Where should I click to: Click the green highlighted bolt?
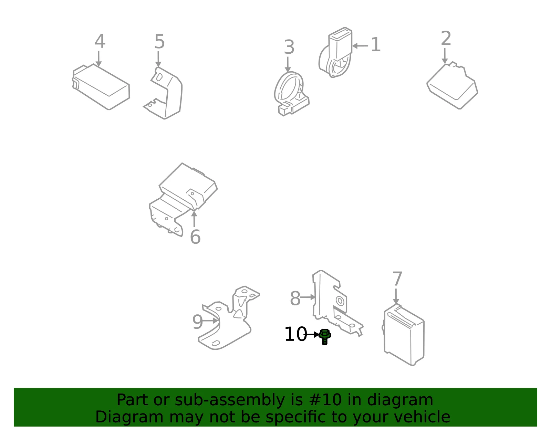point(324,336)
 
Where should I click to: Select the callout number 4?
point(100,41)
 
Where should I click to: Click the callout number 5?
point(160,42)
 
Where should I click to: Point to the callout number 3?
point(289,47)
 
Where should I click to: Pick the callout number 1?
point(375,45)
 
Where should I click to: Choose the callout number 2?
point(446,39)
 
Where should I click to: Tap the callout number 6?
point(195,237)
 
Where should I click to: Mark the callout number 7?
point(397,279)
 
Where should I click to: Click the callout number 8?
point(295,298)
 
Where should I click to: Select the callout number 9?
point(198,322)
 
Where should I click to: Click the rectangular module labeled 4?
point(101,87)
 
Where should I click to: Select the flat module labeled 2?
point(453,86)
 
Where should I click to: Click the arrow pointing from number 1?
point(360,46)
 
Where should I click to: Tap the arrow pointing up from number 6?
point(194,219)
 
